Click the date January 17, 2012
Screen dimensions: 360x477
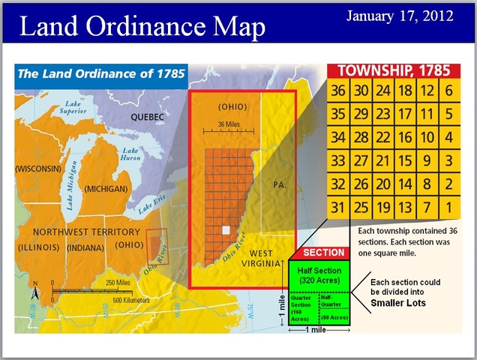tap(399, 16)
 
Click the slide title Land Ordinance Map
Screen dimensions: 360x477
tap(142, 26)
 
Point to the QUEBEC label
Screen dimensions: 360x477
tap(147, 118)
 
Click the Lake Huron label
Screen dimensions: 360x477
tap(130, 155)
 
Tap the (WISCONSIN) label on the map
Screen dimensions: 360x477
tap(38, 169)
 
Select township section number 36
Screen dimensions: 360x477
tap(340, 91)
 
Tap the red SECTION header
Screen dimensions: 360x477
tap(322, 253)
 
